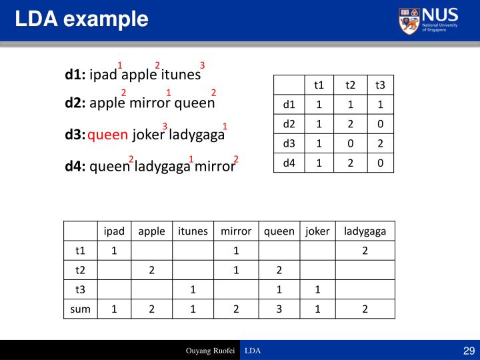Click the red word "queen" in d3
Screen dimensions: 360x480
(x=107, y=135)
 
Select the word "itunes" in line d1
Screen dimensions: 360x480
(x=181, y=75)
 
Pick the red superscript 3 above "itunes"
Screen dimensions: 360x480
(x=202, y=65)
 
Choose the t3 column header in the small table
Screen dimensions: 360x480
(x=380, y=85)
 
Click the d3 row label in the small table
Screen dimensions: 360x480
(x=289, y=143)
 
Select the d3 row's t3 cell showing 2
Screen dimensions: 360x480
(x=380, y=143)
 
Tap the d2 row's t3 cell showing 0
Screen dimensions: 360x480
(x=380, y=123)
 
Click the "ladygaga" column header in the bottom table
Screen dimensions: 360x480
(x=365, y=231)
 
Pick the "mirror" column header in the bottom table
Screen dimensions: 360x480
(x=236, y=231)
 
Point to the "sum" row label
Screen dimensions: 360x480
(x=80, y=309)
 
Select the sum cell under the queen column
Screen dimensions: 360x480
(x=279, y=309)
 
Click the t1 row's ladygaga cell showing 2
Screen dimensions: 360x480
(x=365, y=251)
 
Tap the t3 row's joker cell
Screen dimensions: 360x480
(x=317, y=289)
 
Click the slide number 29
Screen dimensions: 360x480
(x=467, y=351)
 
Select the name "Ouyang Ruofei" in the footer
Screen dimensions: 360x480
(x=209, y=351)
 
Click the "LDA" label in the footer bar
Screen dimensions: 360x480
(x=253, y=351)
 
